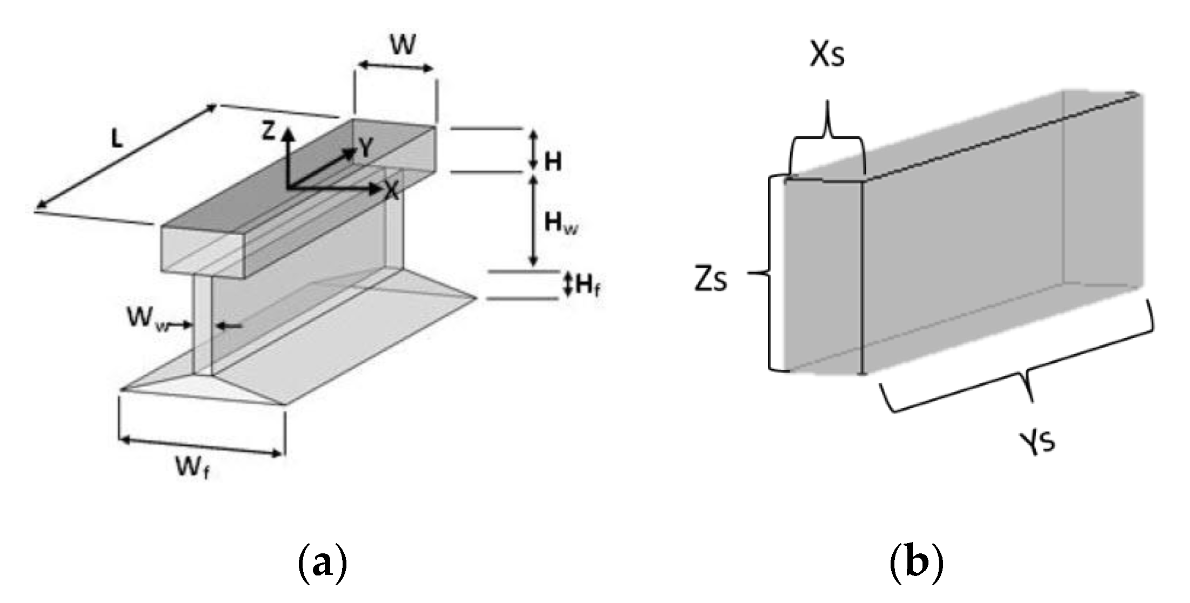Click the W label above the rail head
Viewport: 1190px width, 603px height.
tap(403, 46)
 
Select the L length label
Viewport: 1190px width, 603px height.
tap(117, 139)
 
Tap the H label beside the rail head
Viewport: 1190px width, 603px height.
tap(552, 161)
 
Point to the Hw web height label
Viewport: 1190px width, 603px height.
tap(560, 222)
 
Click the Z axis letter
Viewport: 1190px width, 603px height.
tap(269, 131)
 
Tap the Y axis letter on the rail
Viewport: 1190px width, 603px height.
tap(366, 147)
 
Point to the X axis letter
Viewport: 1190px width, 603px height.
tap(391, 190)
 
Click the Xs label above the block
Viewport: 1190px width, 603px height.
tap(826, 55)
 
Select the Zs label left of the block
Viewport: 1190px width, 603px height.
tap(711, 280)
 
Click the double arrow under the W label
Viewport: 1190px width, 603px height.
tap(396, 66)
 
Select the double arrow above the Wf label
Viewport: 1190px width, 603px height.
tap(201, 447)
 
